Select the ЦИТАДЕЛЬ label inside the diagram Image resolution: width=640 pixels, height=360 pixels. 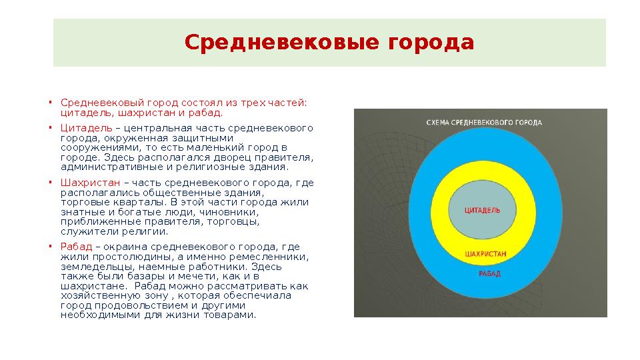[481, 210]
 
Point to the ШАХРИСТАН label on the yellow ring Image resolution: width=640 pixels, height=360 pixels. [485, 254]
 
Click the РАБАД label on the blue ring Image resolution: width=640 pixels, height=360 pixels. [489, 274]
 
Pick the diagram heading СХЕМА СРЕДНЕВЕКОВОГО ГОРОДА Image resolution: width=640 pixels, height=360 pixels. [483, 123]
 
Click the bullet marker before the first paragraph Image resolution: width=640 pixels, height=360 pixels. [50, 103]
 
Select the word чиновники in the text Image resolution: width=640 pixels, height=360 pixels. [274, 212]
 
